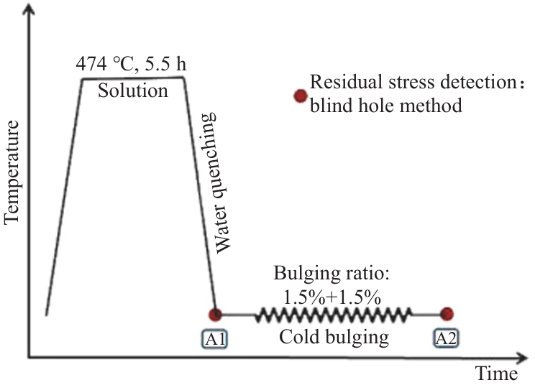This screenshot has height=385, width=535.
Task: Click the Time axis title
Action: point(495,374)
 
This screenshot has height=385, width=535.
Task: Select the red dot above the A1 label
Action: point(214,314)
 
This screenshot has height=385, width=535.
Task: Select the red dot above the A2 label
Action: point(447,313)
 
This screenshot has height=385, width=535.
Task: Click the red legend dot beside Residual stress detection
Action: point(298,96)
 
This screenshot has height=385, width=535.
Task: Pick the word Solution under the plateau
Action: point(133,92)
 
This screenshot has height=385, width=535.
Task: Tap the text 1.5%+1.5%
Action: point(332,296)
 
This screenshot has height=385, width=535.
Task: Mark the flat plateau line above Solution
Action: point(133,78)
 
